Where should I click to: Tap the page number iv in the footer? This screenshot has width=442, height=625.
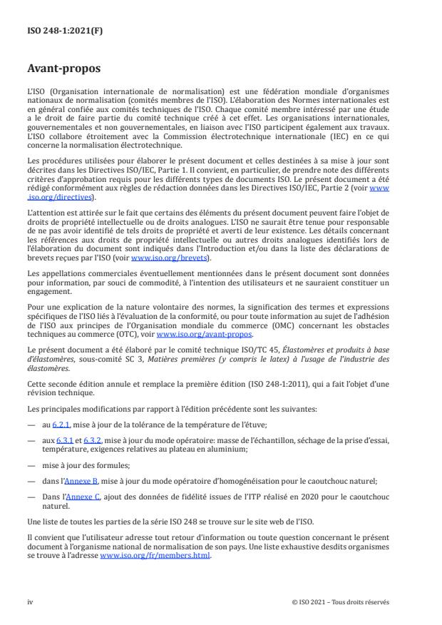point(30,601)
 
